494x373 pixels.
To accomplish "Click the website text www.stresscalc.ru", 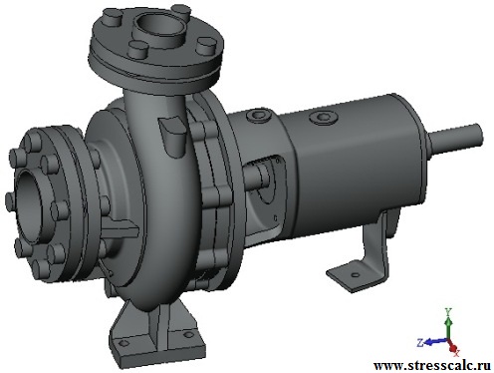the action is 432,366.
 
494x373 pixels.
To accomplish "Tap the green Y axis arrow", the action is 448,326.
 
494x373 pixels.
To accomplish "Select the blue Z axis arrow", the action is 435,341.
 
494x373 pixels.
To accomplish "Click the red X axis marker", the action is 453,348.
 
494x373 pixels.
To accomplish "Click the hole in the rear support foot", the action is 356,275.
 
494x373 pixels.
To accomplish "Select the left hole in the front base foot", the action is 123,343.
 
